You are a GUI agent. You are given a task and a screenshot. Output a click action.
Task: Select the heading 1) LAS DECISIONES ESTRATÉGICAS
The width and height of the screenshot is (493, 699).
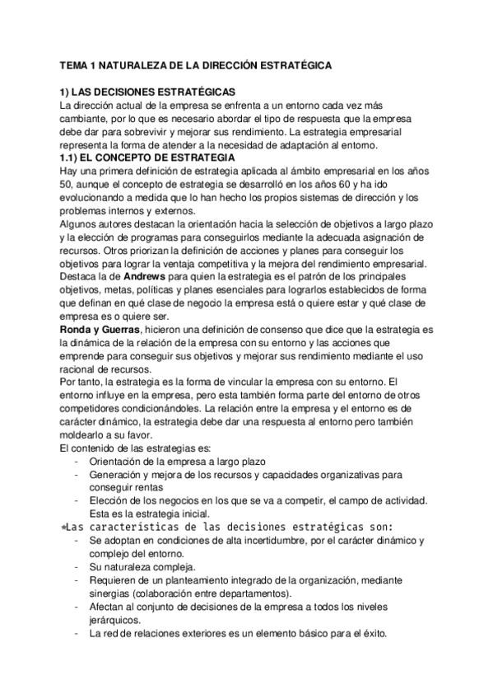pos(148,92)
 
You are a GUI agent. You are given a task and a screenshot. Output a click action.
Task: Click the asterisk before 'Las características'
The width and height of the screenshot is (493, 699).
pos(64,526)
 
